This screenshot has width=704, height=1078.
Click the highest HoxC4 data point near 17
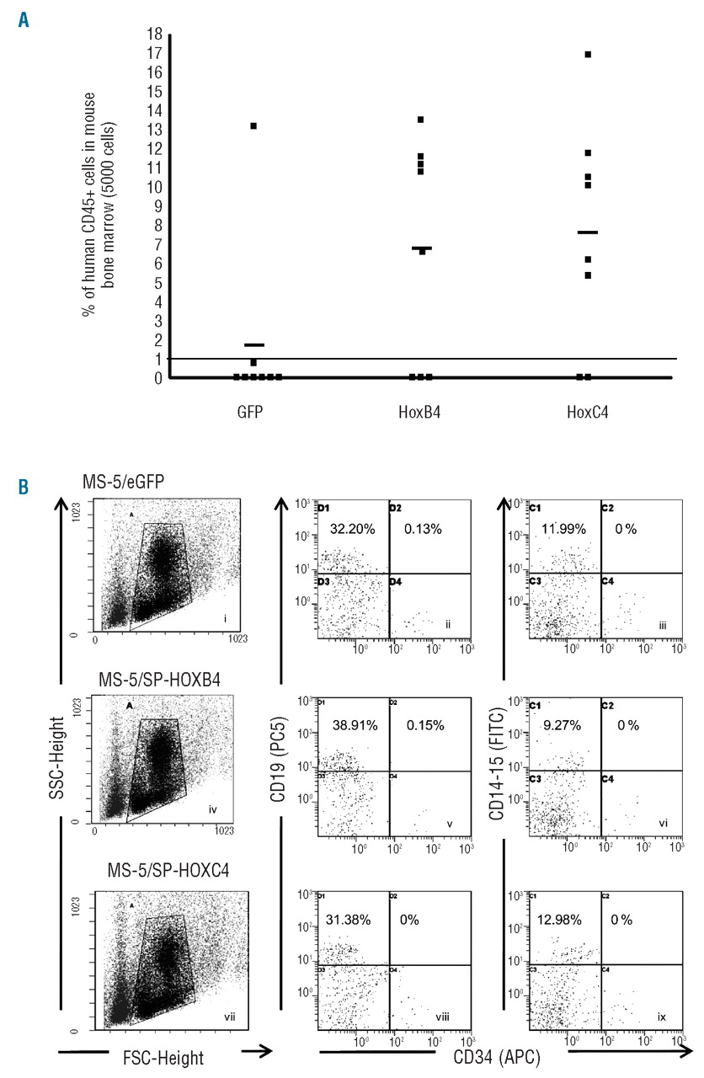588,54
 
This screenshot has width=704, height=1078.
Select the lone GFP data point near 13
253,126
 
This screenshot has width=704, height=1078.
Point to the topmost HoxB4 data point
421,120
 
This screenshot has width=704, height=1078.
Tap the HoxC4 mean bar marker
588,232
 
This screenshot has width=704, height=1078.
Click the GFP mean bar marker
254,344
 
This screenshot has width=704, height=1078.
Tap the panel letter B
23,488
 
